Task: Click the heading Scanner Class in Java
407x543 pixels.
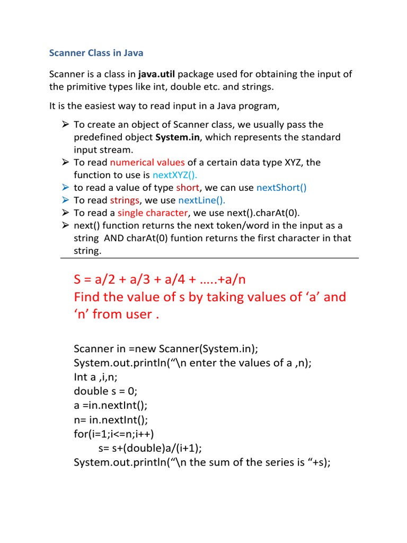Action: pyautogui.click(x=96, y=53)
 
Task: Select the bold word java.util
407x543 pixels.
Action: pyautogui.click(x=157, y=74)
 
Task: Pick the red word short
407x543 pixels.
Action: pyautogui.click(x=188, y=188)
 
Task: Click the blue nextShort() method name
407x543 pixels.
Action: pyautogui.click(x=281, y=188)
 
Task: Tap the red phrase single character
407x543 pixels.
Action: pyautogui.click(x=153, y=213)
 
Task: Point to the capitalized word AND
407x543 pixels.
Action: pyautogui.click(x=114, y=239)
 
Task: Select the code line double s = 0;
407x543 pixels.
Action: pyautogui.click(x=105, y=391)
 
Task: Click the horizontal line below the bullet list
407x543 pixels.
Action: pyautogui.click(x=209, y=258)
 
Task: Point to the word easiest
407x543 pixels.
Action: pyautogui.click(x=99, y=106)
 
